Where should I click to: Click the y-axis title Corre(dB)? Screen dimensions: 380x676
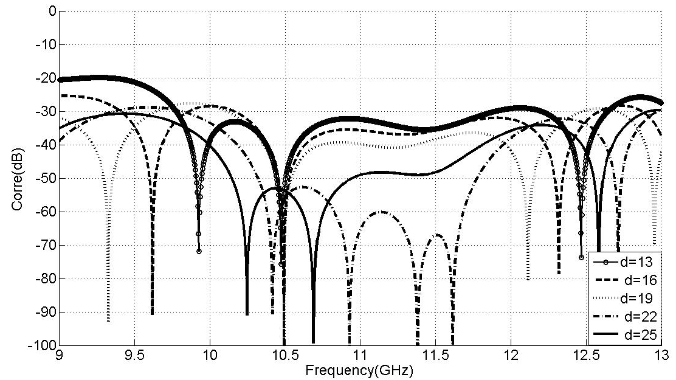[x=16, y=178]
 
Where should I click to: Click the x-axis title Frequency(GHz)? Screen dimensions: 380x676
[x=360, y=370]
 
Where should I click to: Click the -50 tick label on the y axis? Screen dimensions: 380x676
[x=46, y=178]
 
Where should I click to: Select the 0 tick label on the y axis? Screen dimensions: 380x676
[x=52, y=11]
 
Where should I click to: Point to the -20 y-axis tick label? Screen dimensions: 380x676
[x=46, y=78]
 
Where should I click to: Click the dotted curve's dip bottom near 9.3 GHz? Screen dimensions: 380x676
[x=108, y=320]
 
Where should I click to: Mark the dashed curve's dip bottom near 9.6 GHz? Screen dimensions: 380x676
[x=152, y=314]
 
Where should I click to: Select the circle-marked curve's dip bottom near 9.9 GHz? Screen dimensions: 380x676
[x=199, y=250]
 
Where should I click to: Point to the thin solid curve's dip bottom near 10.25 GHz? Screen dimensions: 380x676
[x=247, y=314]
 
